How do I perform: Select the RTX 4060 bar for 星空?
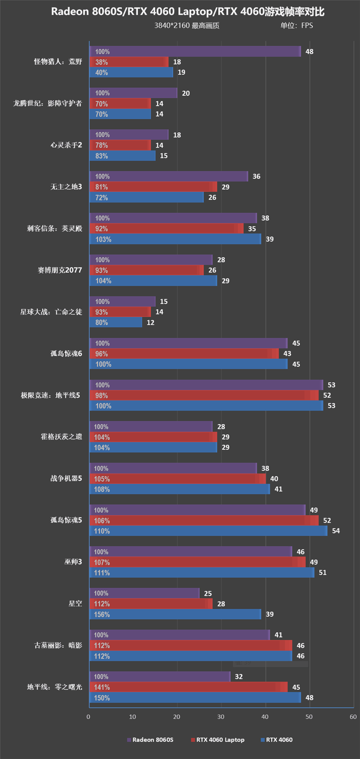(175, 614)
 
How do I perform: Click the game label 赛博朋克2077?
(60, 270)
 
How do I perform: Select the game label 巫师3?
(73, 562)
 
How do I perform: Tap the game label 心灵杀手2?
(66, 145)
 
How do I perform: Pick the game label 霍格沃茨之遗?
(61, 437)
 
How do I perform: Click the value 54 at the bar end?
(336, 531)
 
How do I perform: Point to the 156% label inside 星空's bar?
(102, 615)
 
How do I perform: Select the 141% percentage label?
(102, 687)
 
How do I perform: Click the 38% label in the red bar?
(101, 62)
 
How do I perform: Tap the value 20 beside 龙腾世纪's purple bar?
(186, 93)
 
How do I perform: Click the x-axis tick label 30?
(220, 717)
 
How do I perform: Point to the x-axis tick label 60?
(353, 717)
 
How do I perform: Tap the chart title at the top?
(188, 11)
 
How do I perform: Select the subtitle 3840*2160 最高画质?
(187, 25)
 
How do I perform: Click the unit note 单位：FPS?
(297, 25)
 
